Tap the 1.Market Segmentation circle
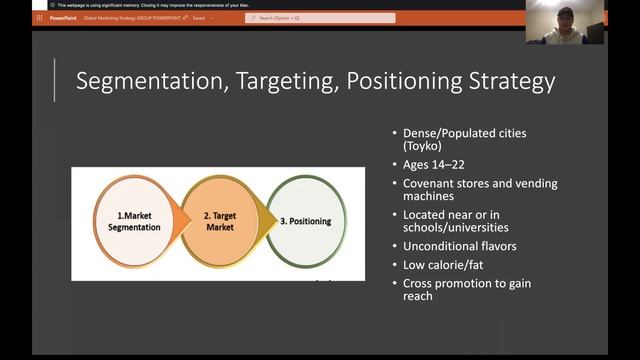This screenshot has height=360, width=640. click(134, 222)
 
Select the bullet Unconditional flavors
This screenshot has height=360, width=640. click(459, 246)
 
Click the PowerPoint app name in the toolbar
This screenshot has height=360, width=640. click(62, 18)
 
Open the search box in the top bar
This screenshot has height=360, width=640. click(320, 18)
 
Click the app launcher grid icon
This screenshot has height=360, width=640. click(39, 18)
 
